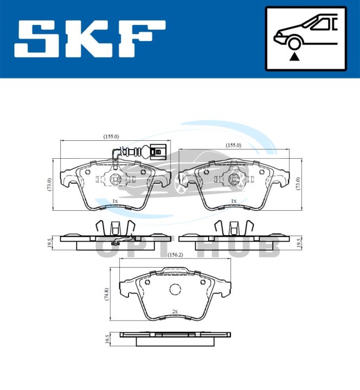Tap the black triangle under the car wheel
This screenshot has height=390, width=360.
(294, 57)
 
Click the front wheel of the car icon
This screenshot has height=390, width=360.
(294, 43)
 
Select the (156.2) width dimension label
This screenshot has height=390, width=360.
(175, 255)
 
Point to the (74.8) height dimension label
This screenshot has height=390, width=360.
(107, 294)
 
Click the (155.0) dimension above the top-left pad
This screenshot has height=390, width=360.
(111, 136)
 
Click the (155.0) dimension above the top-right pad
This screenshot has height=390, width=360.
(233, 145)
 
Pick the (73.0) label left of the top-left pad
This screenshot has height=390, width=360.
(49, 184)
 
